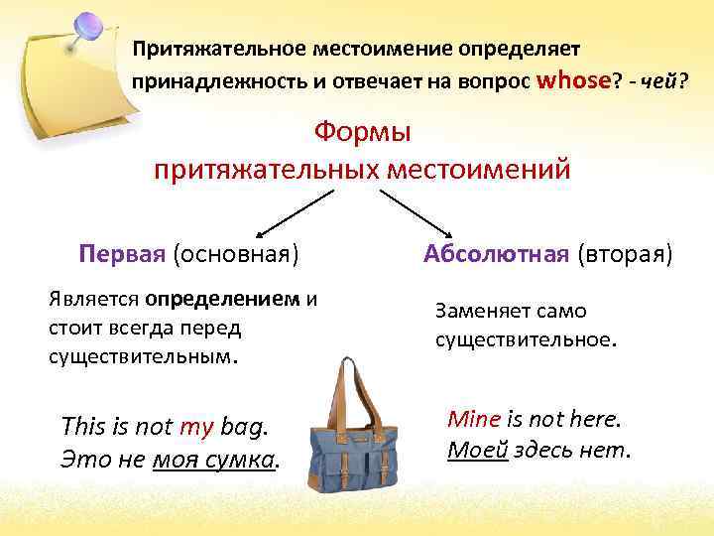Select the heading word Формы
[362, 131]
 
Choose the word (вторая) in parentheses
[624, 254]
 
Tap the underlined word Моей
[478, 450]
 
